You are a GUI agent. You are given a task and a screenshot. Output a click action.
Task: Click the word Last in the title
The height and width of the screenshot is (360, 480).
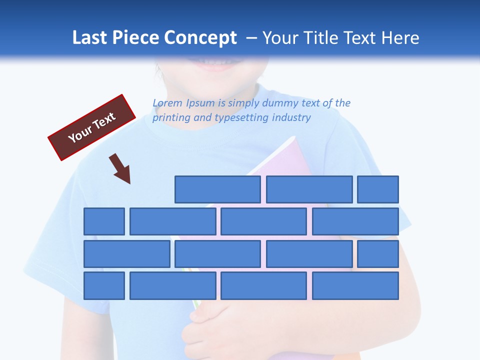click(90, 38)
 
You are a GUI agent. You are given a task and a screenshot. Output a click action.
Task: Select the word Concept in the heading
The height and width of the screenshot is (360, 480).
click(200, 38)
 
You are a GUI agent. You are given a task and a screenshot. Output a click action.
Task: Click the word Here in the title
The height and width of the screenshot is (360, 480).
click(400, 38)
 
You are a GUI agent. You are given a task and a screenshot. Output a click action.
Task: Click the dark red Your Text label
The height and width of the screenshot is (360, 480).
click(91, 127)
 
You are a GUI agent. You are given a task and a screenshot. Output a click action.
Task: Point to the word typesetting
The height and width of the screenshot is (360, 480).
click(242, 117)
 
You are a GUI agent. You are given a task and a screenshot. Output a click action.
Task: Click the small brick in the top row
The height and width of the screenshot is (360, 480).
click(378, 189)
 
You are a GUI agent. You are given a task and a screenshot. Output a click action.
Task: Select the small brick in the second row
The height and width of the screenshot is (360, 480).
click(104, 221)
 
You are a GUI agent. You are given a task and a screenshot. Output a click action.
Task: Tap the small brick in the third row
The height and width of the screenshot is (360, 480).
click(378, 254)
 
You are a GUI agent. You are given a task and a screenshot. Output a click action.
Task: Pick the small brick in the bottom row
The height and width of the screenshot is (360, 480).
click(104, 286)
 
